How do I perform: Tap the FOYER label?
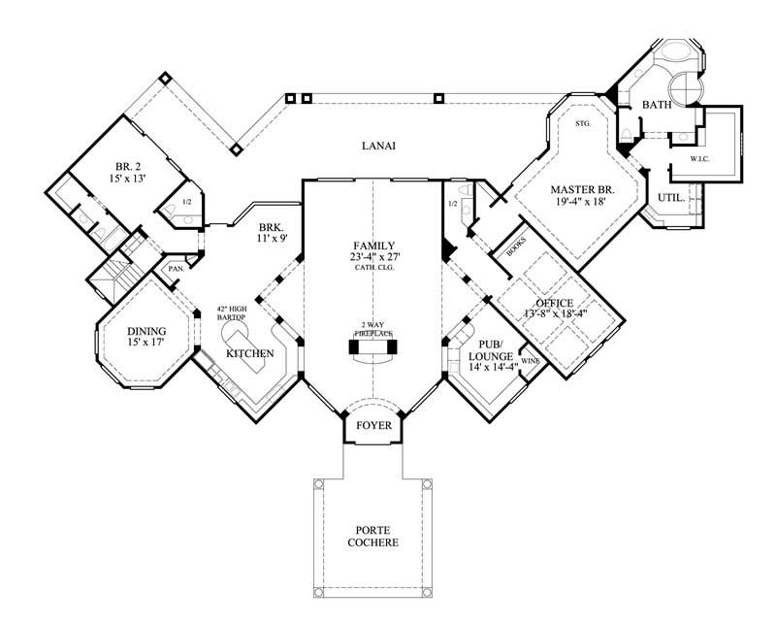pyautogui.click(x=373, y=424)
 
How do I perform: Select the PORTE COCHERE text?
pyautogui.click(x=373, y=535)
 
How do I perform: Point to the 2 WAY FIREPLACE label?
pyautogui.click(x=373, y=326)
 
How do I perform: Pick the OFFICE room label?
pyautogui.click(x=554, y=304)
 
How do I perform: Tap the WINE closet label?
pyautogui.click(x=530, y=361)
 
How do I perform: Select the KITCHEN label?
pyautogui.click(x=247, y=354)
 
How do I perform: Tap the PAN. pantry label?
pyautogui.click(x=176, y=269)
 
